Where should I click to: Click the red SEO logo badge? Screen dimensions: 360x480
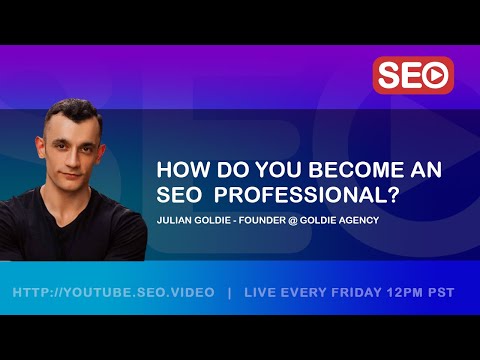[413, 75]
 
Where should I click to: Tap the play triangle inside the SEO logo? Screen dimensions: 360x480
[435, 75]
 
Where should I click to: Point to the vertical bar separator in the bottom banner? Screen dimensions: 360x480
[229, 293]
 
